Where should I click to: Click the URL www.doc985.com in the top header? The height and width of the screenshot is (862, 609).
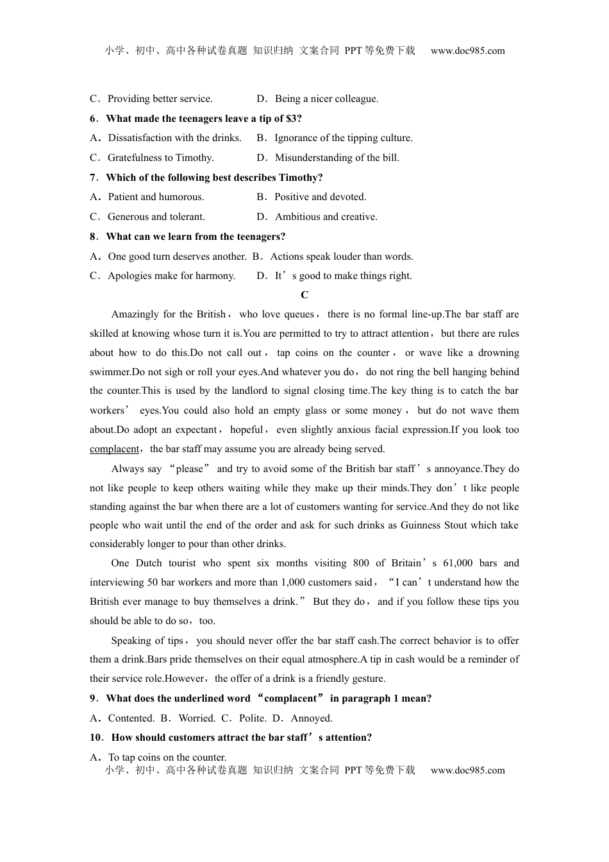coord(467,51)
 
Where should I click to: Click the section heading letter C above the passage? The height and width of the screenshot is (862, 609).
coord(304,295)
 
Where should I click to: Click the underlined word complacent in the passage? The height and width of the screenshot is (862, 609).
coord(114,449)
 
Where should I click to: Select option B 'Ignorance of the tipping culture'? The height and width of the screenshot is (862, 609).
coord(343,138)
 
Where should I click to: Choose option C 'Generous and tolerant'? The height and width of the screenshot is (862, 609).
coord(156,217)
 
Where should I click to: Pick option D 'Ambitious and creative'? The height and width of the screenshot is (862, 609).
coord(326,217)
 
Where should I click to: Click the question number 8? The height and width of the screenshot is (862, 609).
coord(93,237)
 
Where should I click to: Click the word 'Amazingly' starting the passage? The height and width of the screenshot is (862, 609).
coord(135,314)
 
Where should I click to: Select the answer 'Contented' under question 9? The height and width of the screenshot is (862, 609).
coord(131,718)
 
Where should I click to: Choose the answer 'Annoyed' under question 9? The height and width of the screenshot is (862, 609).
coord(311,718)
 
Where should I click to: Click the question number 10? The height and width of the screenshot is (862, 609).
coord(96,738)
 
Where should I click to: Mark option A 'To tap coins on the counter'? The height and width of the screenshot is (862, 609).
coord(167,757)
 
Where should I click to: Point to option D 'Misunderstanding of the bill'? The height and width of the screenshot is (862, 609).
coord(337,158)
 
